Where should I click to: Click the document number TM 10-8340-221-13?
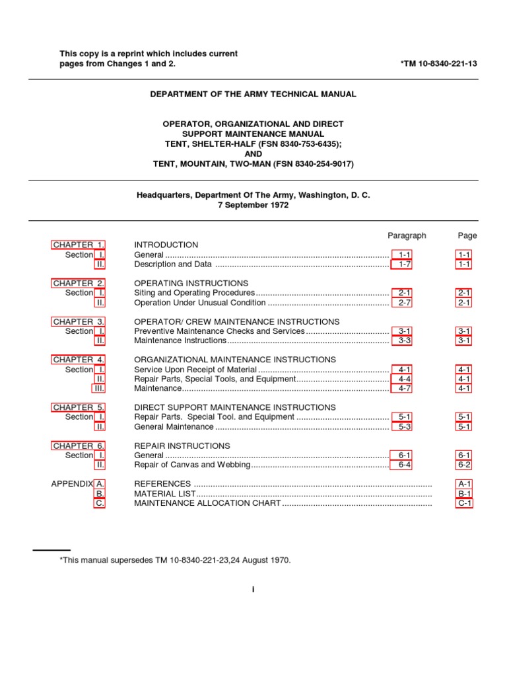pos(438,63)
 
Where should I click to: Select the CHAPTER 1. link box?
pos(79,245)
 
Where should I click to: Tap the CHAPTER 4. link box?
pos(79,360)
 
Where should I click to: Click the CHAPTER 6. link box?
pos(79,446)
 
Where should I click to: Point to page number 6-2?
pos(464,465)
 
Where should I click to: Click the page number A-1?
pos(464,484)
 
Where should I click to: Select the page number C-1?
pos(464,503)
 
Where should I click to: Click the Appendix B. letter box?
pos(100,493)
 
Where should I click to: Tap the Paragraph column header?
pos(407,235)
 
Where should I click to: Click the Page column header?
pos(467,235)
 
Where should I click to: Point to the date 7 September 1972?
pos(253,206)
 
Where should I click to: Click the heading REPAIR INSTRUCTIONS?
pos(182,446)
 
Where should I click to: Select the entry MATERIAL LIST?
pos(164,493)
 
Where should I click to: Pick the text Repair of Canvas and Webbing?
pos(192,465)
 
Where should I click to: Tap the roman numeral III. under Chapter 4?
pos(98,388)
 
